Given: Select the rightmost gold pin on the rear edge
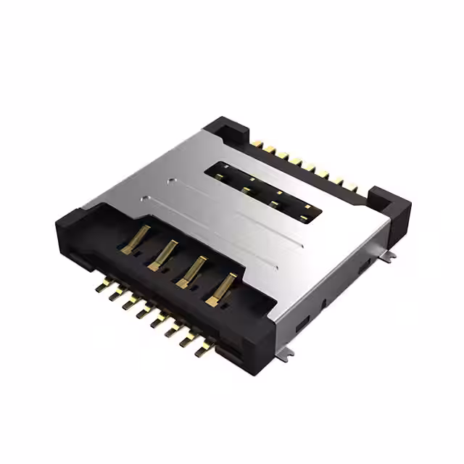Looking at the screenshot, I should pos(355,190).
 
